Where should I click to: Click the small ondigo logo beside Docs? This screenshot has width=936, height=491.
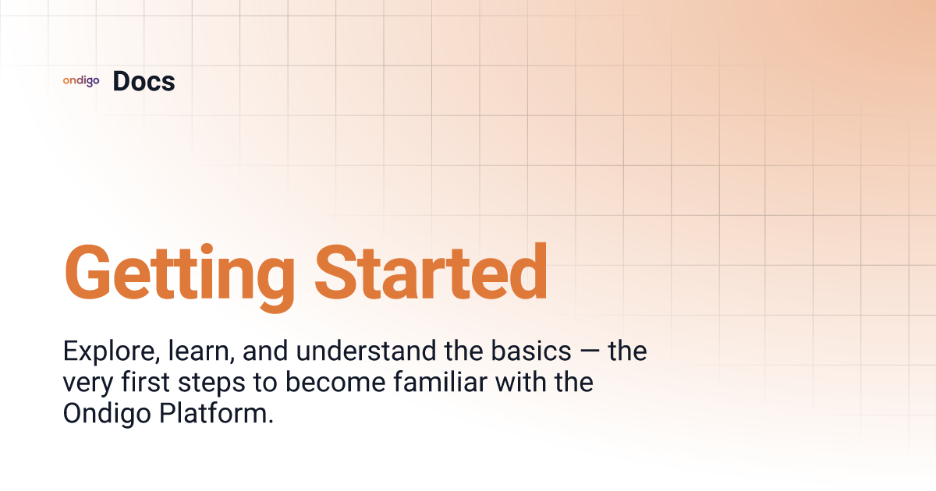point(81,80)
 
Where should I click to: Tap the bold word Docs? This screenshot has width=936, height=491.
point(144,81)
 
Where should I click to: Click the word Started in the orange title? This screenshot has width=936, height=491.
point(431,272)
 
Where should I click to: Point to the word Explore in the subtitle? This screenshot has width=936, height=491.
point(112,351)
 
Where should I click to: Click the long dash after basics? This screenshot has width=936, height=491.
point(589,351)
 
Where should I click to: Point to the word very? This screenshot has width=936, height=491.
point(87,384)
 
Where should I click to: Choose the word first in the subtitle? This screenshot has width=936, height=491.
point(145,382)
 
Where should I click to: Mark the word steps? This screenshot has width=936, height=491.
point(211,384)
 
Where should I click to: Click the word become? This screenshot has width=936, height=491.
point(335,382)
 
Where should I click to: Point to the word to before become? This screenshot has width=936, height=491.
point(265,383)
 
